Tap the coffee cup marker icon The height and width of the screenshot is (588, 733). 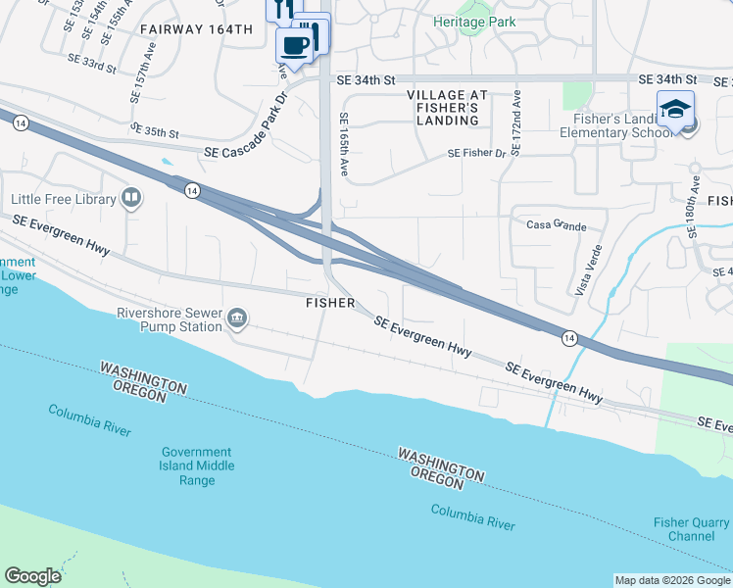[x=294, y=44]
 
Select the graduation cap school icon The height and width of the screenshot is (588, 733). [x=675, y=109]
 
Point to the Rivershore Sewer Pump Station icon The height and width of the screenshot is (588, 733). [x=237, y=318]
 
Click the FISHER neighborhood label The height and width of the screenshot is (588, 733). [x=330, y=303]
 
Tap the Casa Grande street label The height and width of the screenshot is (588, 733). [x=557, y=225]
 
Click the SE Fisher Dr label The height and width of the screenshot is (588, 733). [x=476, y=153]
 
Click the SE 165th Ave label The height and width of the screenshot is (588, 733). [x=345, y=147]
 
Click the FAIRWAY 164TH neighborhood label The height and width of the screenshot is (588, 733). [x=196, y=29]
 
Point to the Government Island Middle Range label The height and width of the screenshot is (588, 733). [x=198, y=459]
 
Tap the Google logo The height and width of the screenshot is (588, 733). [x=32, y=576]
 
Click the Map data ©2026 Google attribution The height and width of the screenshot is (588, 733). [x=673, y=580]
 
